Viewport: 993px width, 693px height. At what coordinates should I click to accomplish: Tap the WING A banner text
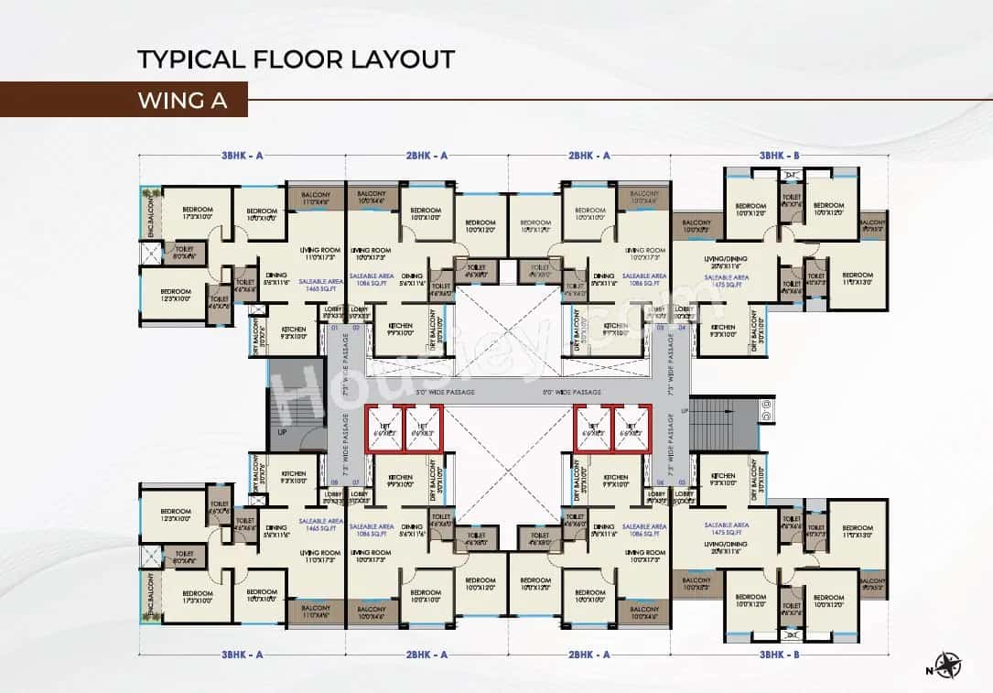click(182, 100)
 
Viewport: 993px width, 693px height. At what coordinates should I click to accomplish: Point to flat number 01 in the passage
click(335, 327)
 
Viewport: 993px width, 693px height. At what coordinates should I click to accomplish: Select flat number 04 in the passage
click(682, 327)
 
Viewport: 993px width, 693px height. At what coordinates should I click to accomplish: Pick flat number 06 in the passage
click(660, 482)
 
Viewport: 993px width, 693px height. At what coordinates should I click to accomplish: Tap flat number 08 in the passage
click(335, 482)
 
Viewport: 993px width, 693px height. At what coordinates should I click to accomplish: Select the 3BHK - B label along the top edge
click(779, 157)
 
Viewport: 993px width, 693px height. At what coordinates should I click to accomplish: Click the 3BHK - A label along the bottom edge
click(243, 655)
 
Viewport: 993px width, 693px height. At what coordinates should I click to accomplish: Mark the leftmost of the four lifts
click(385, 428)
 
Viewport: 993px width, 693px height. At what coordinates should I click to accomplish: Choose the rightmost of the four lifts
click(630, 428)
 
